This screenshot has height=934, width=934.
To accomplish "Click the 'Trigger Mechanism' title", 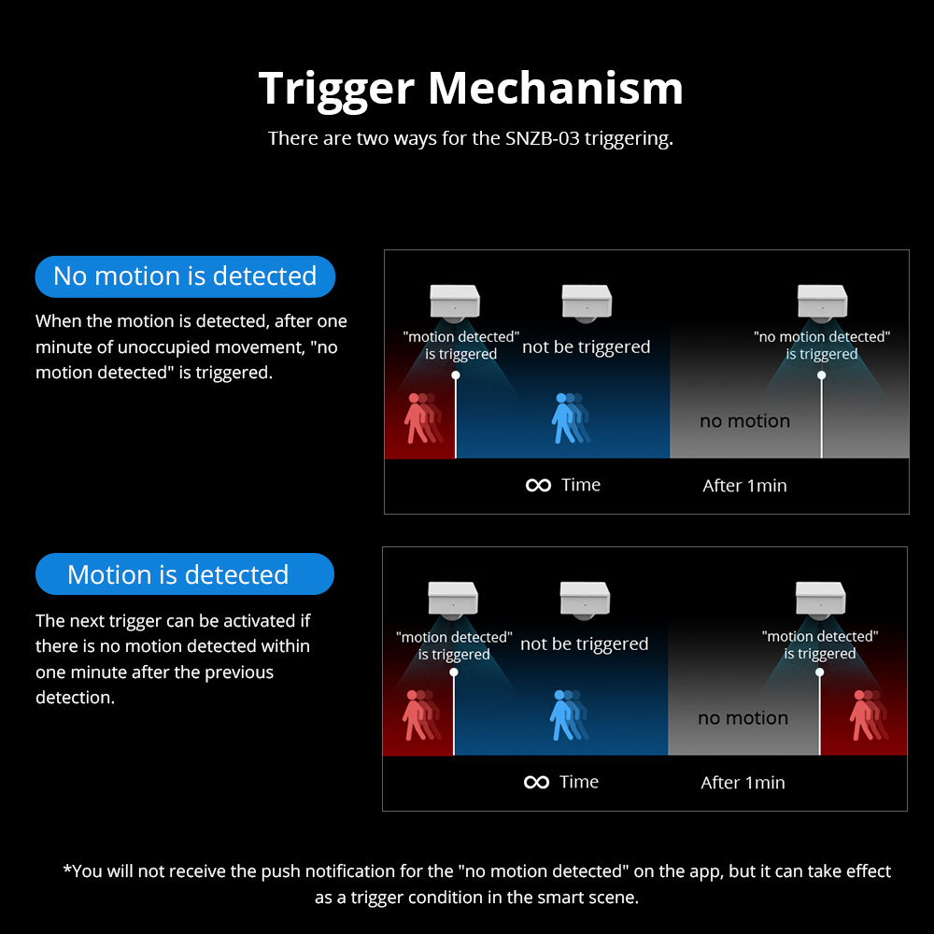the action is [x=471, y=89].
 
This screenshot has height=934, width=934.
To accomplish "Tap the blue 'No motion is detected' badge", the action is [x=185, y=276].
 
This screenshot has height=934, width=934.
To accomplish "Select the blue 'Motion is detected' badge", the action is [x=185, y=574].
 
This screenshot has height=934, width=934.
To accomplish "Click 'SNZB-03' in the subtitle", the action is [x=542, y=138].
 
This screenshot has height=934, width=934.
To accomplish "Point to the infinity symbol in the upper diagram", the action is [x=539, y=486].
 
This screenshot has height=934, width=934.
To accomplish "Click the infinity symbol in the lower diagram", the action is [x=537, y=782].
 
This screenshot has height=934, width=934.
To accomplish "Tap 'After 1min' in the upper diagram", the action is [x=744, y=486].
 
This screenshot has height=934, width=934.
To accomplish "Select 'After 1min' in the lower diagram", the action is [x=743, y=782].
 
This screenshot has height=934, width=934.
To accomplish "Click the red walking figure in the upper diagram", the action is [x=423, y=418].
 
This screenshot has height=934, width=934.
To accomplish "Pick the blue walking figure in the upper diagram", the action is [x=571, y=418].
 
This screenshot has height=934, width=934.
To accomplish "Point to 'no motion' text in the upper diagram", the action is [x=744, y=421].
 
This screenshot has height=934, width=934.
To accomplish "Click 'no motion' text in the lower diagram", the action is [x=743, y=717].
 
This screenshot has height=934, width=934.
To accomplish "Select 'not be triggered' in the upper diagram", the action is [x=587, y=347].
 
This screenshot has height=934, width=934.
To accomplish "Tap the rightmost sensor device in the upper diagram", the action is [x=823, y=303].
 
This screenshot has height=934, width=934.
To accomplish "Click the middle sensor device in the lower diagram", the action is [x=585, y=600].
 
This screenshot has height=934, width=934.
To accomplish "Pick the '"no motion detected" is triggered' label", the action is [x=822, y=345].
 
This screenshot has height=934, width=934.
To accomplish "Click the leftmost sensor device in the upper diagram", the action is [x=455, y=303].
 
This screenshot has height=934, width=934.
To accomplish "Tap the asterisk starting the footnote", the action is [x=66, y=869].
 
